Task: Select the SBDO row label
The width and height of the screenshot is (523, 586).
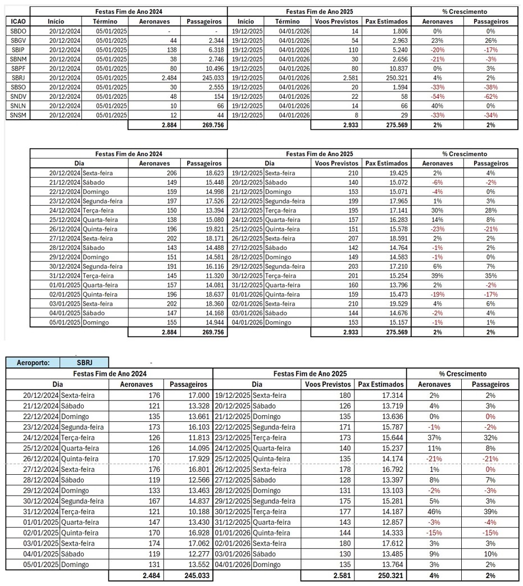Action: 17,31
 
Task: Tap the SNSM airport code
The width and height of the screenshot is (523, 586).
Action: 17,115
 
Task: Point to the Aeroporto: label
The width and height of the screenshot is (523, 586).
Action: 34,362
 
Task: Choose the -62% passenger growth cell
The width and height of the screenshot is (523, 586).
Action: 489,96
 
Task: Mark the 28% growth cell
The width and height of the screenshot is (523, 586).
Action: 489,211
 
